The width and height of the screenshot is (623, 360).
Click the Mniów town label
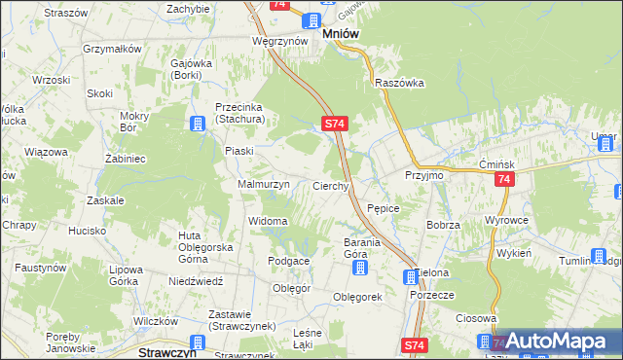(x=340, y=33)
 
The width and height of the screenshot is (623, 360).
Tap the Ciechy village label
(x=330, y=186)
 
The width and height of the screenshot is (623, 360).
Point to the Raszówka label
(x=400, y=84)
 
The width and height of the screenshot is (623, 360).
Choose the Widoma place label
(x=269, y=222)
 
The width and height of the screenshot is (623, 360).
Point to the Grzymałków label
(x=114, y=48)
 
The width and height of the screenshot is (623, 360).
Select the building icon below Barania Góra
(x=360, y=268)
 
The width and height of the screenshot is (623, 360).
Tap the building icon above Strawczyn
(x=198, y=342)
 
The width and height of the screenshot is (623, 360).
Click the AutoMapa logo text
(x=568, y=342)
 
